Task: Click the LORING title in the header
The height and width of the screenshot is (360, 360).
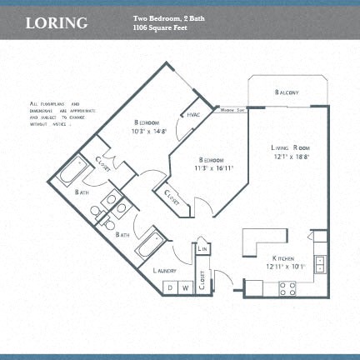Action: pyautogui.click(x=57, y=22)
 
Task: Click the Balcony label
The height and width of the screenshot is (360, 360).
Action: pyautogui.click(x=287, y=92)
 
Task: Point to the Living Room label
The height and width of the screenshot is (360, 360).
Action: pyautogui.click(x=289, y=148)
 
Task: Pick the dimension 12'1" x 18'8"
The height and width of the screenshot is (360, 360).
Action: pyautogui.click(x=289, y=158)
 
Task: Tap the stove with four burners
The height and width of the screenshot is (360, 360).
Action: pyautogui.click(x=287, y=288)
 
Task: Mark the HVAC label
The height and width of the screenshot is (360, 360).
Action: pyautogui.click(x=192, y=114)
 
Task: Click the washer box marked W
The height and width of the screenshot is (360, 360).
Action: pyautogui.click(x=186, y=288)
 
